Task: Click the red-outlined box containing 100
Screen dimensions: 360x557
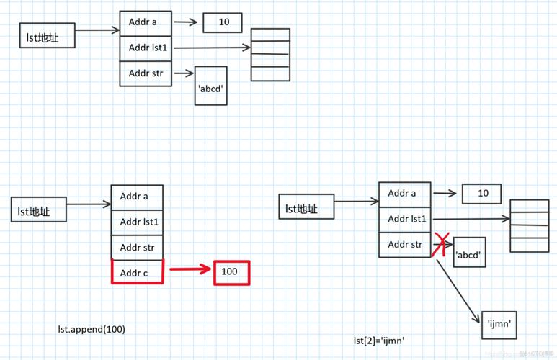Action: (x=231, y=272)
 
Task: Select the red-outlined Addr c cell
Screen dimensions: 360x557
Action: (x=138, y=272)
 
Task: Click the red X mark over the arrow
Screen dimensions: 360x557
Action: (x=440, y=245)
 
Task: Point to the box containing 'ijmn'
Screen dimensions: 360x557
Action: (x=499, y=324)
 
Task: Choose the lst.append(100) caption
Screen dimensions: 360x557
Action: (x=92, y=329)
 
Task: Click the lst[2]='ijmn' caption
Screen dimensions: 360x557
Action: (x=378, y=340)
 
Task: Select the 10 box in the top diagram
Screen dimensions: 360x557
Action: (x=222, y=22)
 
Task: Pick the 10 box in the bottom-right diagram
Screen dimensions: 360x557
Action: (x=481, y=194)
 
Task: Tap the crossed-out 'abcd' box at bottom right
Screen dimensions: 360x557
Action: (x=469, y=253)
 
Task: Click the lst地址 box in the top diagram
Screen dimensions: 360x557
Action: (x=47, y=35)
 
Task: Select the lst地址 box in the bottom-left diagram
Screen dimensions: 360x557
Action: (x=38, y=210)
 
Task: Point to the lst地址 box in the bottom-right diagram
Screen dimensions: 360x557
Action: (x=306, y=207)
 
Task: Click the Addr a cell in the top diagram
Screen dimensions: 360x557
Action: (x=146, y=23)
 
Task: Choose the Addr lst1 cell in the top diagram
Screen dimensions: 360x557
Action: (x=146, y=48)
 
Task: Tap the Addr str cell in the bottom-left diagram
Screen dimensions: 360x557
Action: (x=137, y=247)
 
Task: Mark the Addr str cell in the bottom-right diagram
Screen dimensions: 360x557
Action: (x=405, y=245)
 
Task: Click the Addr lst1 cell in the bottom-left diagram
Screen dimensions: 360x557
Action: (x=137, y=222)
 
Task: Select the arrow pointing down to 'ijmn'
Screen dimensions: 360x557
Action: (x=458, y=284)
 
